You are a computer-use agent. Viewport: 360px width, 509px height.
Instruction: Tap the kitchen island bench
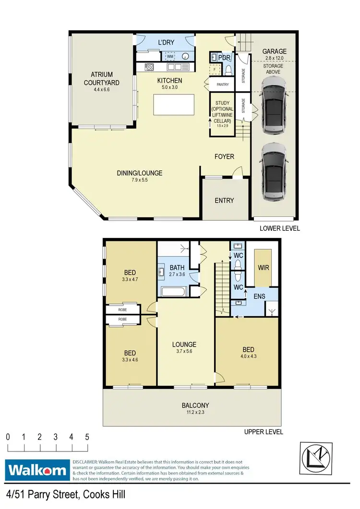(x=174, y=105)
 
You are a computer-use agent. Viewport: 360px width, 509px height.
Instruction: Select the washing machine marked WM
(x=169, y=57)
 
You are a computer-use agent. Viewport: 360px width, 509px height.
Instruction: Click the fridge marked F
(x=216, y=70)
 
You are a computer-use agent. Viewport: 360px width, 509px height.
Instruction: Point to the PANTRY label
(x=223, y=85)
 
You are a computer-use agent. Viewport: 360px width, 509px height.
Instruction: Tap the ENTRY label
(x=224, y=201)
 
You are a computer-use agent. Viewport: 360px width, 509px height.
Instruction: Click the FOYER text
(x=224, y=156)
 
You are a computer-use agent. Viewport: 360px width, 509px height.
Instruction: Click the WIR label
(x=263, y=268)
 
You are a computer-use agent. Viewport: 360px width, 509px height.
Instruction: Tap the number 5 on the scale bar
(x=87, y=437)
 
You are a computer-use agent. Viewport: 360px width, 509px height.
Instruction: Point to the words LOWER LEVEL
(x=280, y=228)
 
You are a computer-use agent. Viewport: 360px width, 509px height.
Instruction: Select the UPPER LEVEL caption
(x=264, y=432)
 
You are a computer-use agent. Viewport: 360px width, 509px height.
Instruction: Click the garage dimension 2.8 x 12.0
(x=275, y=59)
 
